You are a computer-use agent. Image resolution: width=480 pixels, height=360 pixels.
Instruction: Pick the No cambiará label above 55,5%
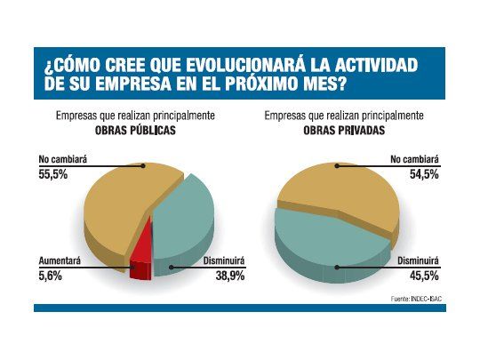click(61, 161)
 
